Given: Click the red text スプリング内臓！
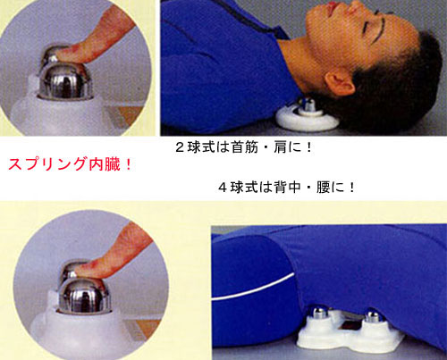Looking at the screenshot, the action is [70, 164].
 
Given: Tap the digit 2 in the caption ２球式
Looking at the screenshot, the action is [180, 147].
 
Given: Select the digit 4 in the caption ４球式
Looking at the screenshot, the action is [223, 188].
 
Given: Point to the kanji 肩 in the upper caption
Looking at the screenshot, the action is [280, 147].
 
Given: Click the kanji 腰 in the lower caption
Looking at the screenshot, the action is [323, 188].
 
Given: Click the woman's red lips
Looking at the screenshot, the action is [333, 8].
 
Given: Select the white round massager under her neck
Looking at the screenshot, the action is [307, 116].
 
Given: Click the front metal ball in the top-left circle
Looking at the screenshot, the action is [65, 82].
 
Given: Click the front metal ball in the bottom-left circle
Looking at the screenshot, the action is [85, 296].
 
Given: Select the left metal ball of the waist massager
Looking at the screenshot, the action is [317, 314].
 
